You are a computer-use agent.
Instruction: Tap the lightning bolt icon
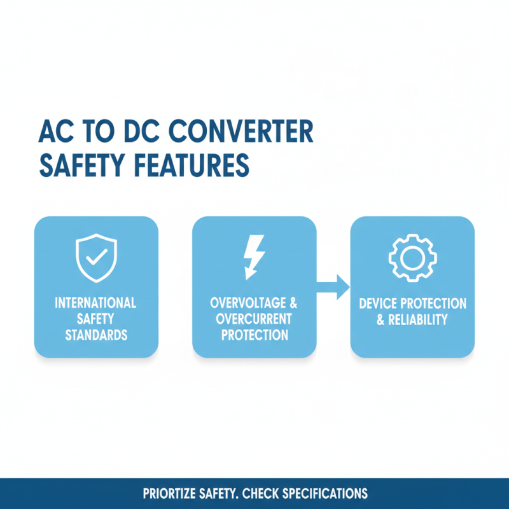click(x=254, y=258)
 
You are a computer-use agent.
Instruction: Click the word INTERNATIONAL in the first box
click(x=95, y=303)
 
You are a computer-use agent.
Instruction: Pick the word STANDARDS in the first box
click(x=95, y=335)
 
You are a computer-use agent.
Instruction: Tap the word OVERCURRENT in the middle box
click(x=254, y=318)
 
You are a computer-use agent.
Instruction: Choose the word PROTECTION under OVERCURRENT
click(x=254, y=335)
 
